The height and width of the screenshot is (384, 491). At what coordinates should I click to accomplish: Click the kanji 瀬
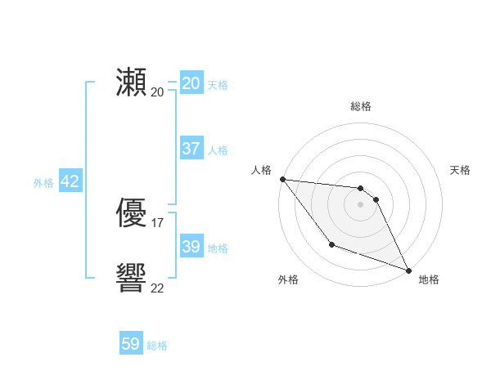[x=132, y=83]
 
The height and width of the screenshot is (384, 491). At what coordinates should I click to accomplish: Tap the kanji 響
[x=132, y=279]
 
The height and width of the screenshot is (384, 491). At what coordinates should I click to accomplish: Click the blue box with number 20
[x=191, y=83]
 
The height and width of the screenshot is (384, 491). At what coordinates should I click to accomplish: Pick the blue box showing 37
[x=191, y=149]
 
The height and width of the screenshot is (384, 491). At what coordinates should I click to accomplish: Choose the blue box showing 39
[x=191, y=247]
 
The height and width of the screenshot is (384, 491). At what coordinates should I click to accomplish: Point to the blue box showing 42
[x=70, y=181]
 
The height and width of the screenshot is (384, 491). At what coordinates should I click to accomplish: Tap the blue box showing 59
[x=131, y=344]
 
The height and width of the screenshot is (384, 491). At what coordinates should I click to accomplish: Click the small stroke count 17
[x=157, y=222]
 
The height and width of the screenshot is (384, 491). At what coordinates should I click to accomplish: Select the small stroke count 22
[x=157, y=288]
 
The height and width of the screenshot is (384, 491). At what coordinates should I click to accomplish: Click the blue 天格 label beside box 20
[x=218, y=84]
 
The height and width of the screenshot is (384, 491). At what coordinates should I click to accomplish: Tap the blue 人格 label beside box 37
[x=218, y=150]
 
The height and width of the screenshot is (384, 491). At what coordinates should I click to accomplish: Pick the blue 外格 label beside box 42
[x=43, y=183]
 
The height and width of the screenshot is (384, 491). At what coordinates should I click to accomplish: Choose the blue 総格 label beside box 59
[x=157, y=346]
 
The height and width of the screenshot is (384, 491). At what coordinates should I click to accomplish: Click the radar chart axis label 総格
[x=360, y=106]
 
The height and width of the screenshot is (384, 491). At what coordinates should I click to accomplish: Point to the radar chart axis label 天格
[x=461, y=170]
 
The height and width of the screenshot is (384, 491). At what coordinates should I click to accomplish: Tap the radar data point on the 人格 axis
[x=282, y=179]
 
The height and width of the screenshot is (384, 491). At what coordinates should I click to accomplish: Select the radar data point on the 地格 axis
[x=409, y=270]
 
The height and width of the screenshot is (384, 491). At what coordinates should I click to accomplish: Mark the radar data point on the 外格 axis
[x=331, y=244]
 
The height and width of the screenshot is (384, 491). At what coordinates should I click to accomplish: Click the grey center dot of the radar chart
[x=360, y=204]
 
